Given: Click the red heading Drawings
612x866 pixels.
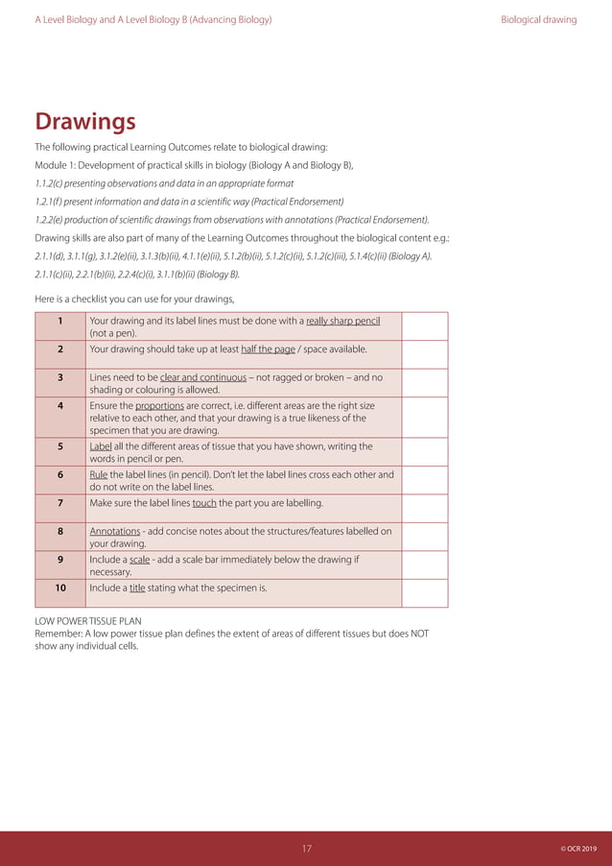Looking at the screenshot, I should click(85, 123).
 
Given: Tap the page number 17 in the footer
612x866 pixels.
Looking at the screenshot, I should click(307, 849).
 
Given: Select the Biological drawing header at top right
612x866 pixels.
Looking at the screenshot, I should click(538, 19).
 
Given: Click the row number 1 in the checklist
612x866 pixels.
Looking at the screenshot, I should click(60, 321).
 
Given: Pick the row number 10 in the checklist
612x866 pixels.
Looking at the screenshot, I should click(60, 588).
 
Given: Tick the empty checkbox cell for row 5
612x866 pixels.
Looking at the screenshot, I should click(425, 452).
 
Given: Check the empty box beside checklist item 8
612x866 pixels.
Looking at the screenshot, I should click(425, 537).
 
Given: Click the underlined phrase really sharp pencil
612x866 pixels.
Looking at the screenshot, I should click(342, 321).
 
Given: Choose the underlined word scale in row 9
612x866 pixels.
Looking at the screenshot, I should click(139, 560).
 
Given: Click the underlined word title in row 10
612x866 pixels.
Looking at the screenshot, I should click(136, 588).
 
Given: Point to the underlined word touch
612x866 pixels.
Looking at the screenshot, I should click(204, 503).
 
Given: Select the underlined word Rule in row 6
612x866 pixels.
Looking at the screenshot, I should click(99, 474).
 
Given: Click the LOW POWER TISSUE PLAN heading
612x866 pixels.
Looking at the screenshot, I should click(88, 621).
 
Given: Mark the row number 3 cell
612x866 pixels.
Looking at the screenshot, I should click(60, 377).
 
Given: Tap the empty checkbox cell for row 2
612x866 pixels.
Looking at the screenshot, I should click(425, 354).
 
